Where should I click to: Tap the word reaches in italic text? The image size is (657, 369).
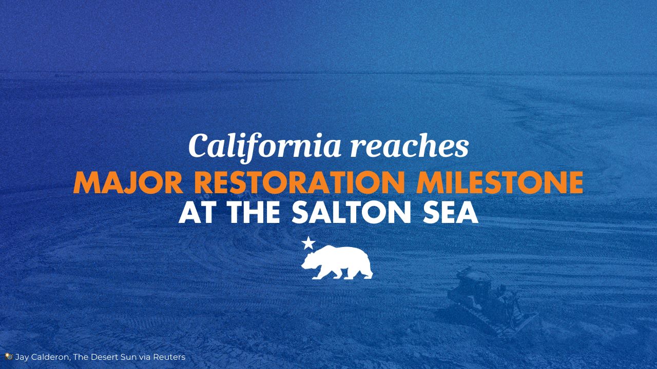(410, 145)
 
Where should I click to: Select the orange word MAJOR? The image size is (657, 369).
(128, 182)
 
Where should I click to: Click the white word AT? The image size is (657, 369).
(196, 213)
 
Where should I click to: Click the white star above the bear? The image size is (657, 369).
(308, 243)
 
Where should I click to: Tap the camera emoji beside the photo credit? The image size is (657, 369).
(9, 356)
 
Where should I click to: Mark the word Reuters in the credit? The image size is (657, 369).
(169, 357)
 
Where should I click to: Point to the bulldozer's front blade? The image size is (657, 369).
(522, 322)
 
